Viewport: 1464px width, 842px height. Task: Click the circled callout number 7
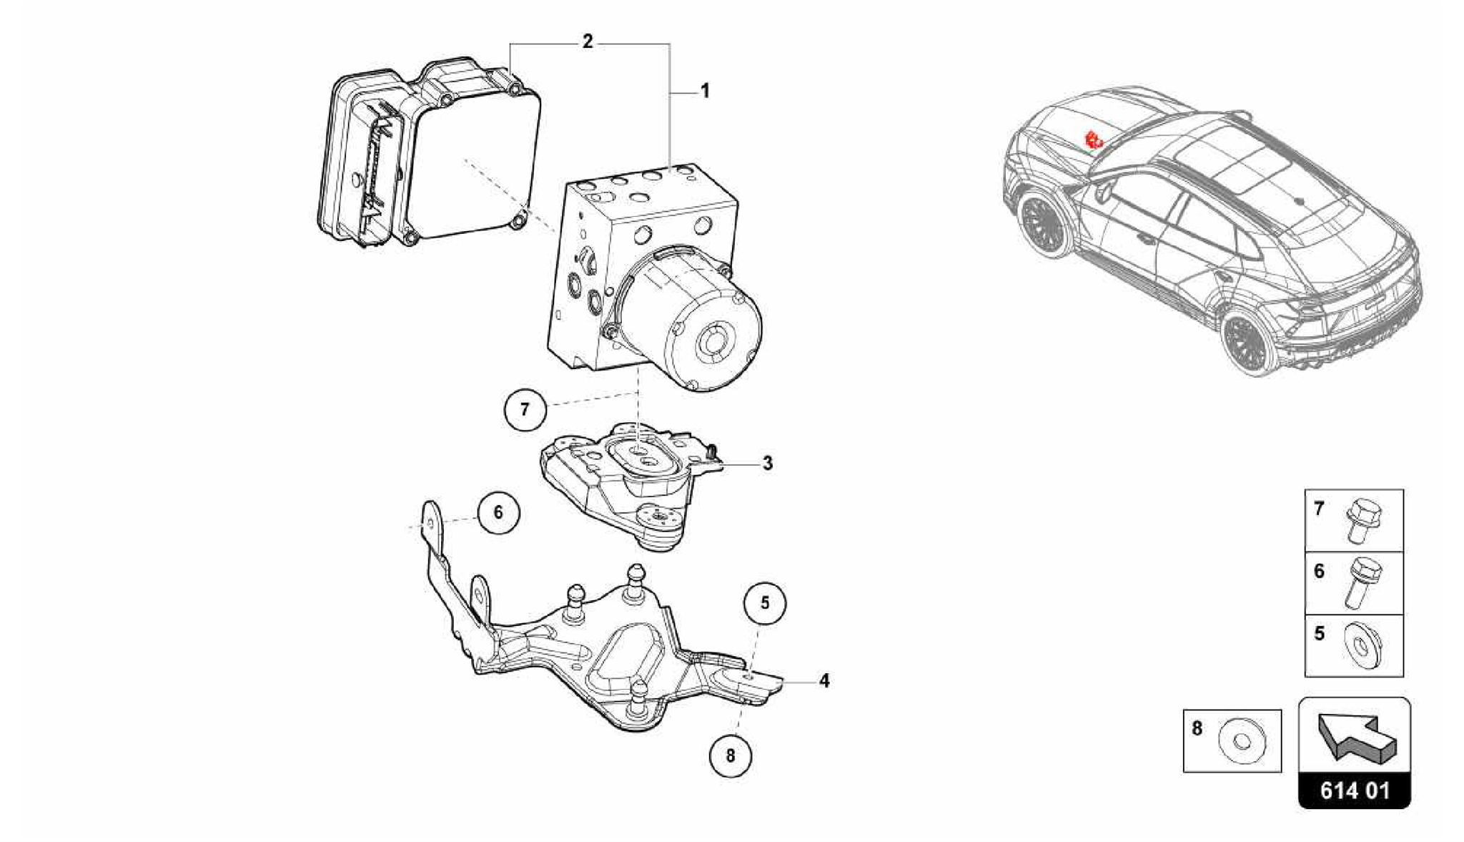pos(525,409)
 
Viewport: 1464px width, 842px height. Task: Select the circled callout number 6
pos(498,512)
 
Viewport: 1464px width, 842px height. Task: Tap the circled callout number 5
pos(765,603)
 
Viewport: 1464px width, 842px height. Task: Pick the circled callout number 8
pos(730,755)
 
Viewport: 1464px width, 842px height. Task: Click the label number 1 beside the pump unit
pos(705,92)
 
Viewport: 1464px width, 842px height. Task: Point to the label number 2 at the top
pos(587,42)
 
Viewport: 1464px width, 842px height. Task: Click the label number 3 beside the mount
pos(767,464)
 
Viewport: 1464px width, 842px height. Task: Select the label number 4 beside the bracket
pos(824,681)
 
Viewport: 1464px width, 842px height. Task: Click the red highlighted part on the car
pos(1093,141)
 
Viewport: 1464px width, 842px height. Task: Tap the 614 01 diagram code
pos(1355,790)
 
